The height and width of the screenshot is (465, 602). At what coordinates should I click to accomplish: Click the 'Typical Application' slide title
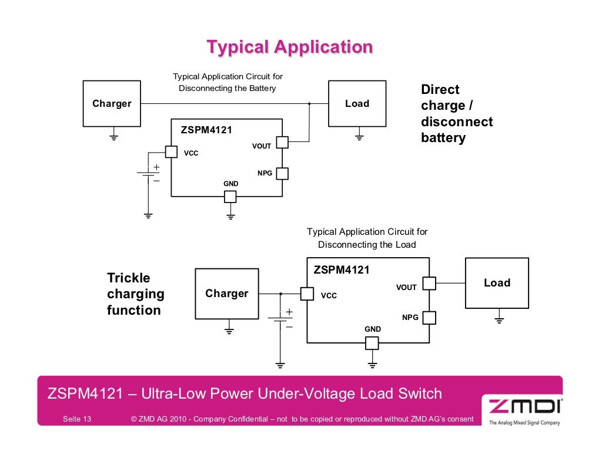point(289,47)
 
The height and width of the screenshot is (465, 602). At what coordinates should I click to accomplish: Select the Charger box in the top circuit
point(112,103)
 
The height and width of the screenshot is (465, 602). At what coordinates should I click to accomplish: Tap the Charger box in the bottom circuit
point(226,294)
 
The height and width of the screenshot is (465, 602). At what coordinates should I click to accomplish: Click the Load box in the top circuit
point(357,103)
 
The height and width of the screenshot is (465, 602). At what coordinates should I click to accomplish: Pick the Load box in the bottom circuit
point(497,283)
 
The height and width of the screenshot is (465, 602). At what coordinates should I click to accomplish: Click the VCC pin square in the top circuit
point(171,151)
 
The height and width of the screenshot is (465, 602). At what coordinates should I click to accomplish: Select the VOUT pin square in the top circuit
point(282,142)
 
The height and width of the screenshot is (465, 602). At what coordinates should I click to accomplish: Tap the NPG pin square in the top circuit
point(282,173)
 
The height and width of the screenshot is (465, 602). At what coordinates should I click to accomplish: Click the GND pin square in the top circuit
point(230,197)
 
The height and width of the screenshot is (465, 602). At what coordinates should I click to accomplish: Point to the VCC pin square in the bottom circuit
point(306,293)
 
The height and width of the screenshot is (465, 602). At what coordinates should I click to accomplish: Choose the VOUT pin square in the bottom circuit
point(430,283)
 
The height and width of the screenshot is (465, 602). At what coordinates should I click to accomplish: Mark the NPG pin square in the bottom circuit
point(430,318)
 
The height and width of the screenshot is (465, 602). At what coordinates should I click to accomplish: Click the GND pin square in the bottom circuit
point(372,343)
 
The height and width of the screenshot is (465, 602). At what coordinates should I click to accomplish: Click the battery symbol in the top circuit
point(149,174)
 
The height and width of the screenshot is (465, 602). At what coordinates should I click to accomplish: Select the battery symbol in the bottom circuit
point(280,319)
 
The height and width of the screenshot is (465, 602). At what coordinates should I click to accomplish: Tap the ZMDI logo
point(521,406)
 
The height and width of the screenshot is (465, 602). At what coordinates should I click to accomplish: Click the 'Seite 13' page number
point(77,419)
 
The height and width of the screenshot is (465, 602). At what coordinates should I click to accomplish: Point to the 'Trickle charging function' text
point(136,294)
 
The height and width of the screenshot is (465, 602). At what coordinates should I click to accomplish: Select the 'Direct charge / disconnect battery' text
point(457,114)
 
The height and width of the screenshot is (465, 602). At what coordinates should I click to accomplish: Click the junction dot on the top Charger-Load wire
point(309,104)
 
